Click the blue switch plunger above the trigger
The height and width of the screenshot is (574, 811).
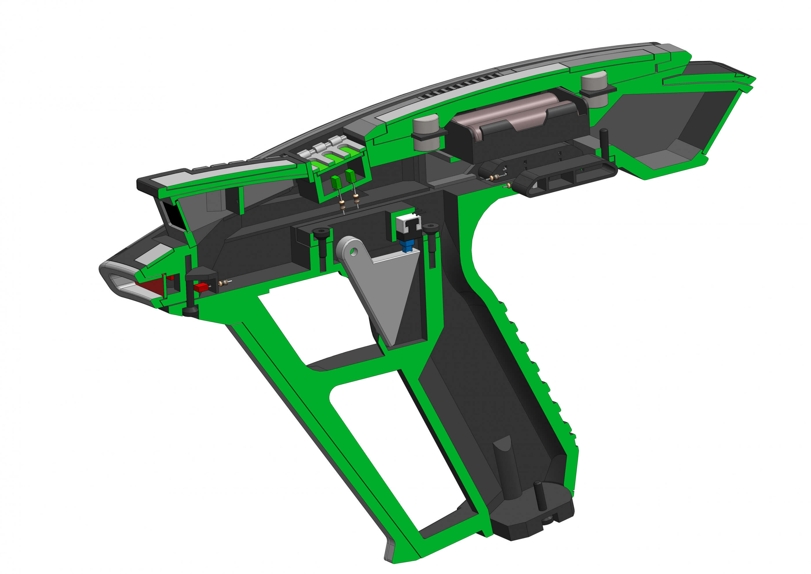click(408, 245)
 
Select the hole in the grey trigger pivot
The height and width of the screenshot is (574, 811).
click(353, 252)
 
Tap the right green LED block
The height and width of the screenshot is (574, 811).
click(350, 176)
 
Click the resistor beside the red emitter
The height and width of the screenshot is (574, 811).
click(224, 282)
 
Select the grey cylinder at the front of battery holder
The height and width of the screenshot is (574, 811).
click(426, 132)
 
